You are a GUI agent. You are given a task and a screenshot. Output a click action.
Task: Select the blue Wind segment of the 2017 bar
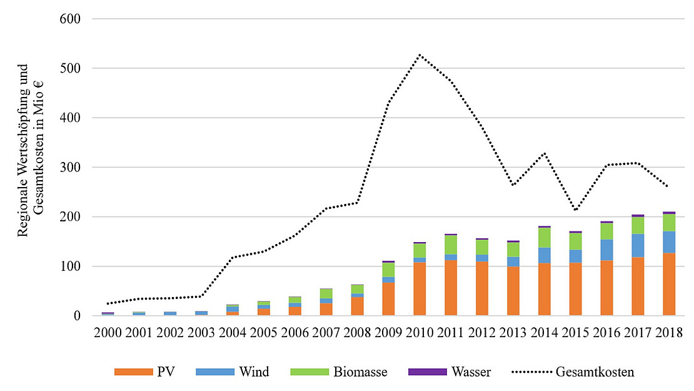point(638,245)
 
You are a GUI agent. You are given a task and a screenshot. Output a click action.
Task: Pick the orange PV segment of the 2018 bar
point(669,285)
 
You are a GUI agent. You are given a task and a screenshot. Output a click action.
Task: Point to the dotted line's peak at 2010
point(420,55)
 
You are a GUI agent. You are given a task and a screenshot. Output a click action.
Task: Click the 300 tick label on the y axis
point(72,167)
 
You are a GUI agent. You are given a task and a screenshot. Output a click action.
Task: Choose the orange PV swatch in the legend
point(133,372)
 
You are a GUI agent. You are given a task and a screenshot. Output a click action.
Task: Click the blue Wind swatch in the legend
point(214,372)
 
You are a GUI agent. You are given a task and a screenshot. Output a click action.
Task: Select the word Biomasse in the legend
point(360,372)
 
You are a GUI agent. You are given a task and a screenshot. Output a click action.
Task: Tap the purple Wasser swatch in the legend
point(426,372)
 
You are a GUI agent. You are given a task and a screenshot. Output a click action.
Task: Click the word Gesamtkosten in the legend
point(595,372)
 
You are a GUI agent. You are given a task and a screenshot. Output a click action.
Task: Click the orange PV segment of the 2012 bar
point(482,289)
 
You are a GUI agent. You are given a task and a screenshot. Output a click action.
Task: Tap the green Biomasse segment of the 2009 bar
point(388,270)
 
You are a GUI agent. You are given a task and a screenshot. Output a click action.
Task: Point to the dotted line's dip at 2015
point(575,210)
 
